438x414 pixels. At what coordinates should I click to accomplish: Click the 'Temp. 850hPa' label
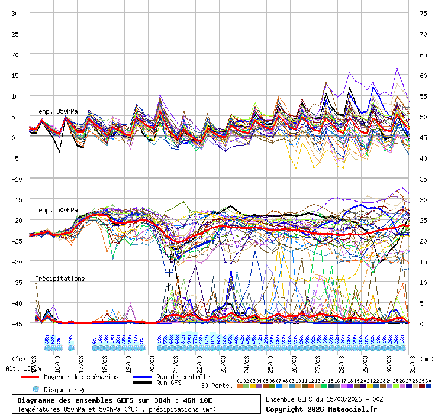(x=56, y=111)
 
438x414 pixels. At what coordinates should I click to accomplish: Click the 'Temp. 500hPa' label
(x=56, y=210)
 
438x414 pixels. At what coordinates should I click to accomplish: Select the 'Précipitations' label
(x=60, y=279)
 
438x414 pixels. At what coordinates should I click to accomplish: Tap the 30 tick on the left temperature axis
(x=15, y=13)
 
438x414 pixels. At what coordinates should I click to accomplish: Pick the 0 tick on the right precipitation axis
(x=423, y=324)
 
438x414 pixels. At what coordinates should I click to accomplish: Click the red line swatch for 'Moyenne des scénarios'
(x=30, y=377)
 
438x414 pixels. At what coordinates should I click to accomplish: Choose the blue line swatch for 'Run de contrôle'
(x=142, y=377)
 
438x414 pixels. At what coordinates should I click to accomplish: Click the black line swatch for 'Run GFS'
(x=142, y=383)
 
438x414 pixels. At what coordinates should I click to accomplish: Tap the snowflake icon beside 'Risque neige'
(x=35, y=389)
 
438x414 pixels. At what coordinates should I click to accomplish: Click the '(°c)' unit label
(x=19, y=358)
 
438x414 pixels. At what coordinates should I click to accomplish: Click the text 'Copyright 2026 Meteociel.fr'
(x=321, y=409)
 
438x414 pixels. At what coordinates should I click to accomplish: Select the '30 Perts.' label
(x=217, y=386)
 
